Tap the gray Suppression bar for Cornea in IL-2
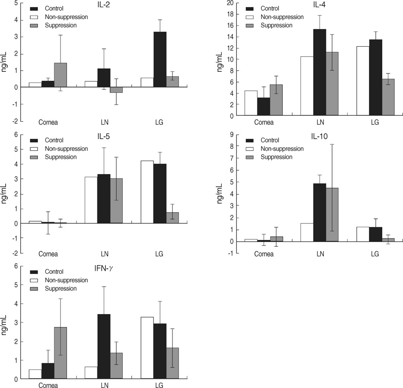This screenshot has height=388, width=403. click(60, 75)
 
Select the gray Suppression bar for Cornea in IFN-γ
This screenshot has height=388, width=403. click(60, 353)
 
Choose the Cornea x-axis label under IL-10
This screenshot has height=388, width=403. click(264, 254)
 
